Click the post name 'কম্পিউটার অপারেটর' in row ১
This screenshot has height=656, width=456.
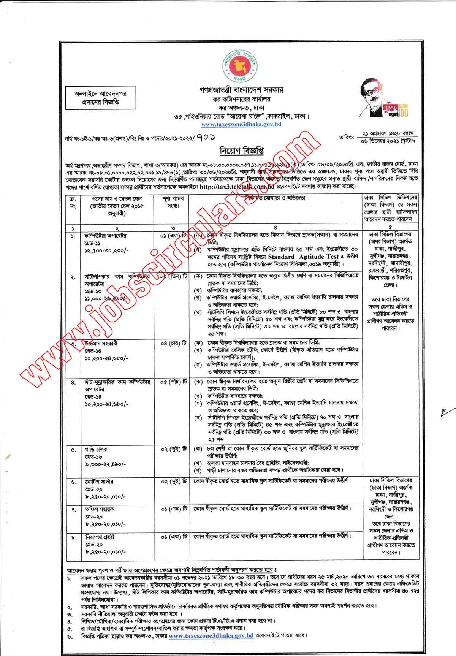pyautogui.click(x=100, y=236)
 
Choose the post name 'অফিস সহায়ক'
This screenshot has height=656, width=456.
pyautogui.click(x=98, y=509)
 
